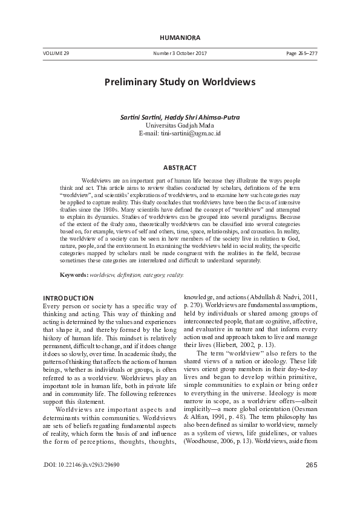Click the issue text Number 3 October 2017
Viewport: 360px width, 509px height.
point(180,54)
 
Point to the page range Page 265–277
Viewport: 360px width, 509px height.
point(302,54)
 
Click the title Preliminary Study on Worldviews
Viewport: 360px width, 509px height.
point(180,81)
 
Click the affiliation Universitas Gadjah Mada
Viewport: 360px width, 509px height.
point(180,125)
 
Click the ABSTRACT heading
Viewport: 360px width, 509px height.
point(180,166)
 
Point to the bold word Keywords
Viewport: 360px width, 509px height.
point(73,275)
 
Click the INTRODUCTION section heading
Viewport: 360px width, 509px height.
point(68,298)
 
